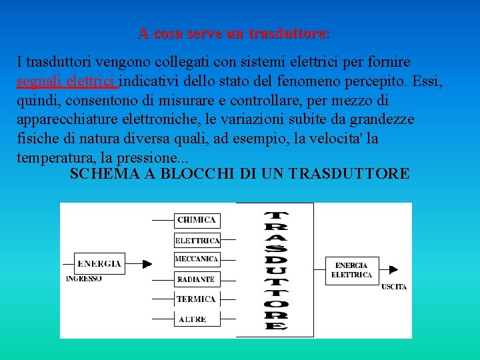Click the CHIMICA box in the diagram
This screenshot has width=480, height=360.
(197, 220)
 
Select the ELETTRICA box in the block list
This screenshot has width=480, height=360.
(197, 240)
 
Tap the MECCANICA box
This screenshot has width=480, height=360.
(197, 259)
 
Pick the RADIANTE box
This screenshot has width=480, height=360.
(197, 279)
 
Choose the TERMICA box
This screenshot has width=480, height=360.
(196, 299)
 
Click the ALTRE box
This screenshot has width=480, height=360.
(193, 319)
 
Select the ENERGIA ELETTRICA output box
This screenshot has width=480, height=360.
(351, 270)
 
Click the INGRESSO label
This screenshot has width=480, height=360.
(84, 279)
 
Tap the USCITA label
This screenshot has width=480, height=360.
(394, 287)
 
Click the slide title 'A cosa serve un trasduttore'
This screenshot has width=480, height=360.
(234, 33)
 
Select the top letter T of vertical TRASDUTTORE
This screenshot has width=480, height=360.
(276, 216)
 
